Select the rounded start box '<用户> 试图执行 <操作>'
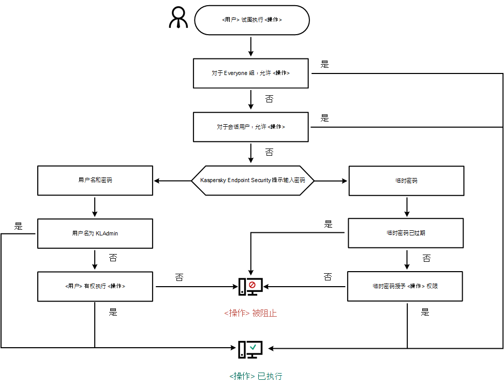tap(251, 20)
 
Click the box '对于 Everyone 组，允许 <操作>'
tap(251, 73)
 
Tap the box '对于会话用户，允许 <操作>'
tap(251, 127)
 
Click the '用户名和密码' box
tap(95, 181)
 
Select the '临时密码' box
tap(406, 181)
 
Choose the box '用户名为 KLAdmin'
tap(95, 233)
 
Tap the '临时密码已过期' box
tap(406, 233)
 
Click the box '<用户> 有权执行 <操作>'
tap(95, 286)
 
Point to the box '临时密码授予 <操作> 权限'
tap(405, 286)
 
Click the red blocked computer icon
tap(250, 286)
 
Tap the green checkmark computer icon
tap(250, 349)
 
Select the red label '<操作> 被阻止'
tap(250, 313)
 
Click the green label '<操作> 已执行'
tap(256, 376)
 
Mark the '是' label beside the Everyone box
tap(324, 65)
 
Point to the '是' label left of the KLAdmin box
tap(19, 226)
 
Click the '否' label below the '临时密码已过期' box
tap(426, 258)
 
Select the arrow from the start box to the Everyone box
tap(251, 46)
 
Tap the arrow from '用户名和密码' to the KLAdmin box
tap(95, 206)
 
